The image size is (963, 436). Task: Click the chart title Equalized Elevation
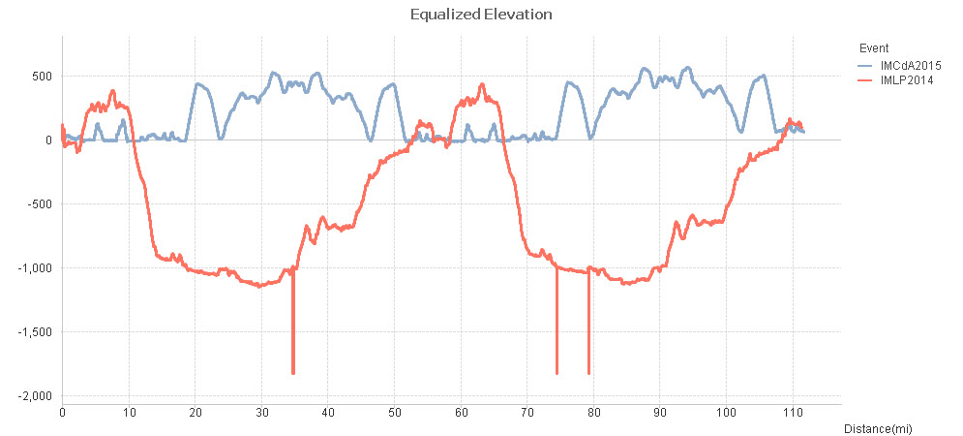tap(481, 15)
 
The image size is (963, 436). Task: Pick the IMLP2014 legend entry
tap(898, 79)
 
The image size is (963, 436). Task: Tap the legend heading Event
tap(872, 48)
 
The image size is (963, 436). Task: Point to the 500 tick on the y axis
tap(42, 77)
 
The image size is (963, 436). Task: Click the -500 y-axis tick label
tap(40, 204)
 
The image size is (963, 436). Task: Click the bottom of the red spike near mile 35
tap(293, 373)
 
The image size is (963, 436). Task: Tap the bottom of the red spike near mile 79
tap(588, 373)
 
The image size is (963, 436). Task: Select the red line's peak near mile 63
tap(482, 84)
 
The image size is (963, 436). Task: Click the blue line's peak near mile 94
tap(688, 68)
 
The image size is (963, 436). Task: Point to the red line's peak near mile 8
tap(112, 91)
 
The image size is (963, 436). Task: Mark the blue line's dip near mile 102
tap(742, 132)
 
